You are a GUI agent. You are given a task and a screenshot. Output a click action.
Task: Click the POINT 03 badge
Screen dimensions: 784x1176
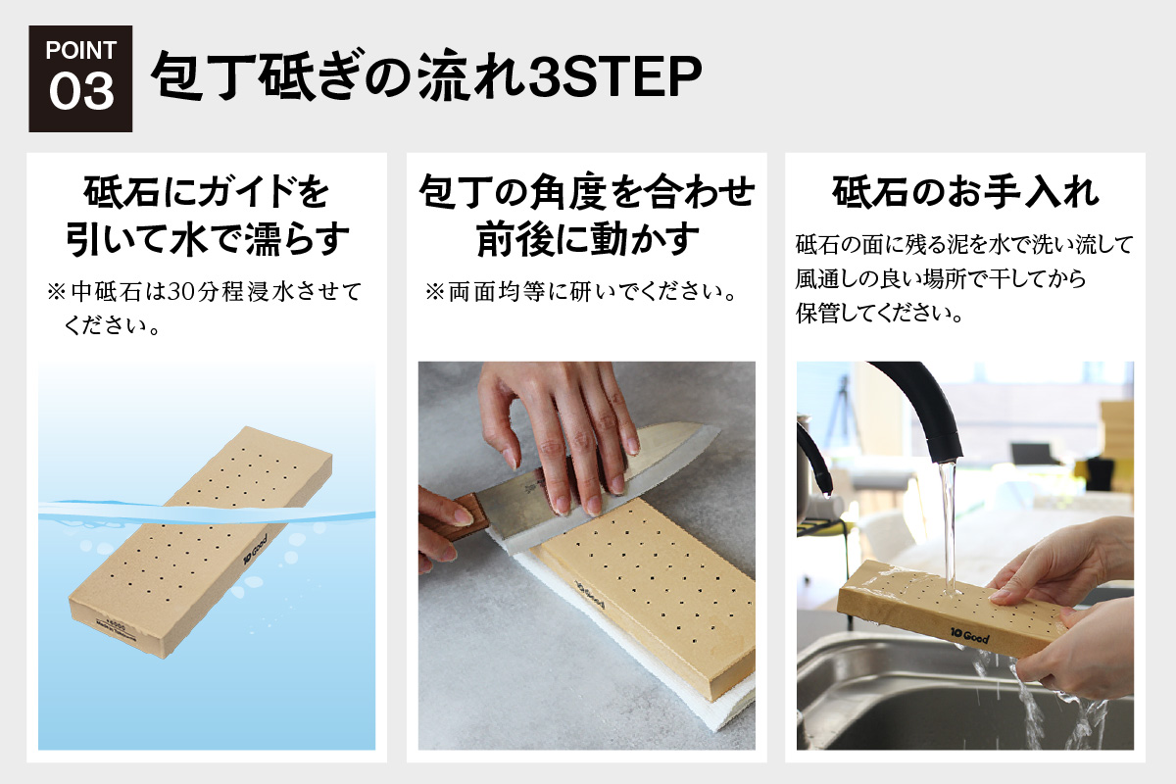tap(80, 78)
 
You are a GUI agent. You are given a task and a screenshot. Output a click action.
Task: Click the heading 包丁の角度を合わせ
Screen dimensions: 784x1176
tap(586, 191)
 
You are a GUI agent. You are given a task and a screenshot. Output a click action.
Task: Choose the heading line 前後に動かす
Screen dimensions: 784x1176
tap(588, 238)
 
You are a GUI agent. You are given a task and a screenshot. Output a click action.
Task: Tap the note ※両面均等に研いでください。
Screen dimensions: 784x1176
tap(580, 293)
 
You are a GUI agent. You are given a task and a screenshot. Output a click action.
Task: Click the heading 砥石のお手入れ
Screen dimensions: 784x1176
tap(965, 191)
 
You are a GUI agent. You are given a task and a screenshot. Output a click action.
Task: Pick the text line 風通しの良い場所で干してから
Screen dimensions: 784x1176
tap(941, 280)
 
